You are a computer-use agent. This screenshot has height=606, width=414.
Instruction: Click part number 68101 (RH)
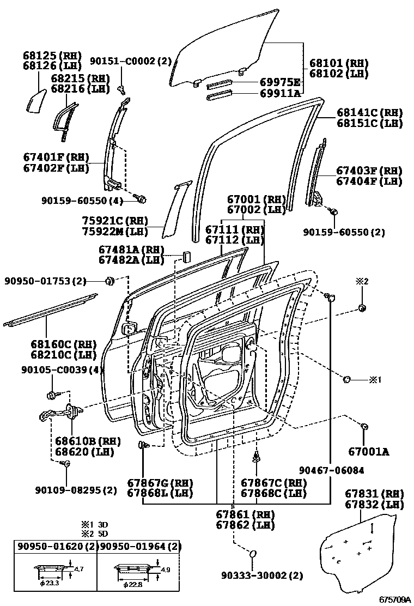click(338, 63)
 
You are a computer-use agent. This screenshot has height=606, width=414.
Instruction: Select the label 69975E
click(280, 83)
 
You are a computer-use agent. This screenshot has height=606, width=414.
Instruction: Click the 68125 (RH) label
click(52, 56)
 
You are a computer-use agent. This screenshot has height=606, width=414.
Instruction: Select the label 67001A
click(369, 451)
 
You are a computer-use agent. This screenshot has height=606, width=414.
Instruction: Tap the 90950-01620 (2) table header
click(55, 547)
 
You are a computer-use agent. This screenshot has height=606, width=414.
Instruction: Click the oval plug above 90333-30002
click(253, 555)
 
